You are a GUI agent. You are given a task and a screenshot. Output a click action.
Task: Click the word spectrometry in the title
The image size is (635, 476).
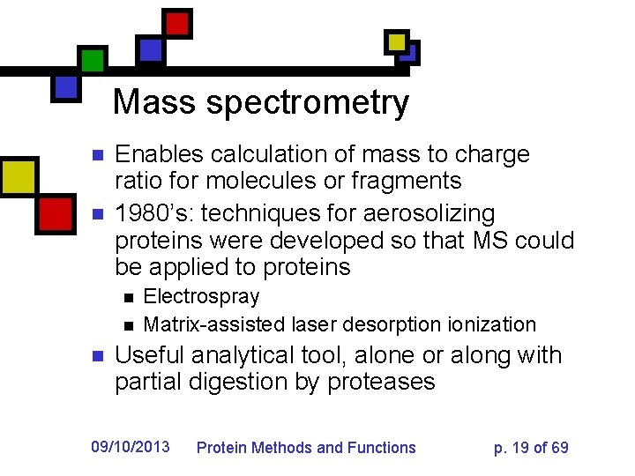[x=308, y=104]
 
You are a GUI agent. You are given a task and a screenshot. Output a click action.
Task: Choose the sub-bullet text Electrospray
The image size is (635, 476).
[x=201, y=297]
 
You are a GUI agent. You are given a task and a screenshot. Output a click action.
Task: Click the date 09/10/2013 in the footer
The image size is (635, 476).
[x=131, y=447]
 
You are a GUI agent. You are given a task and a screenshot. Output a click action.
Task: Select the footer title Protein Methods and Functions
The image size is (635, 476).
[x=305, y=448]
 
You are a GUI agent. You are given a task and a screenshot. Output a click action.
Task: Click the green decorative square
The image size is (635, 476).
[x=93, y=60]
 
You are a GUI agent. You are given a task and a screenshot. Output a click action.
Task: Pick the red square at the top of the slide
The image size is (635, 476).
[x=178, y=23]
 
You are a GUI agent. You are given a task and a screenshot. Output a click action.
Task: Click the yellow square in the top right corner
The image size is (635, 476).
[x=397, y=41]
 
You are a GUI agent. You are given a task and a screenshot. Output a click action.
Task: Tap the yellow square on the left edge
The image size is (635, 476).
[x=18, y=175]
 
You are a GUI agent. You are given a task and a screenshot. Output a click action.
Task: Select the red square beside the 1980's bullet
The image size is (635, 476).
[x=56, y=212]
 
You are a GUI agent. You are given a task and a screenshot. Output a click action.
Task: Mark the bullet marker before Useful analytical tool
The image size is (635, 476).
[x=100, y=357]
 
